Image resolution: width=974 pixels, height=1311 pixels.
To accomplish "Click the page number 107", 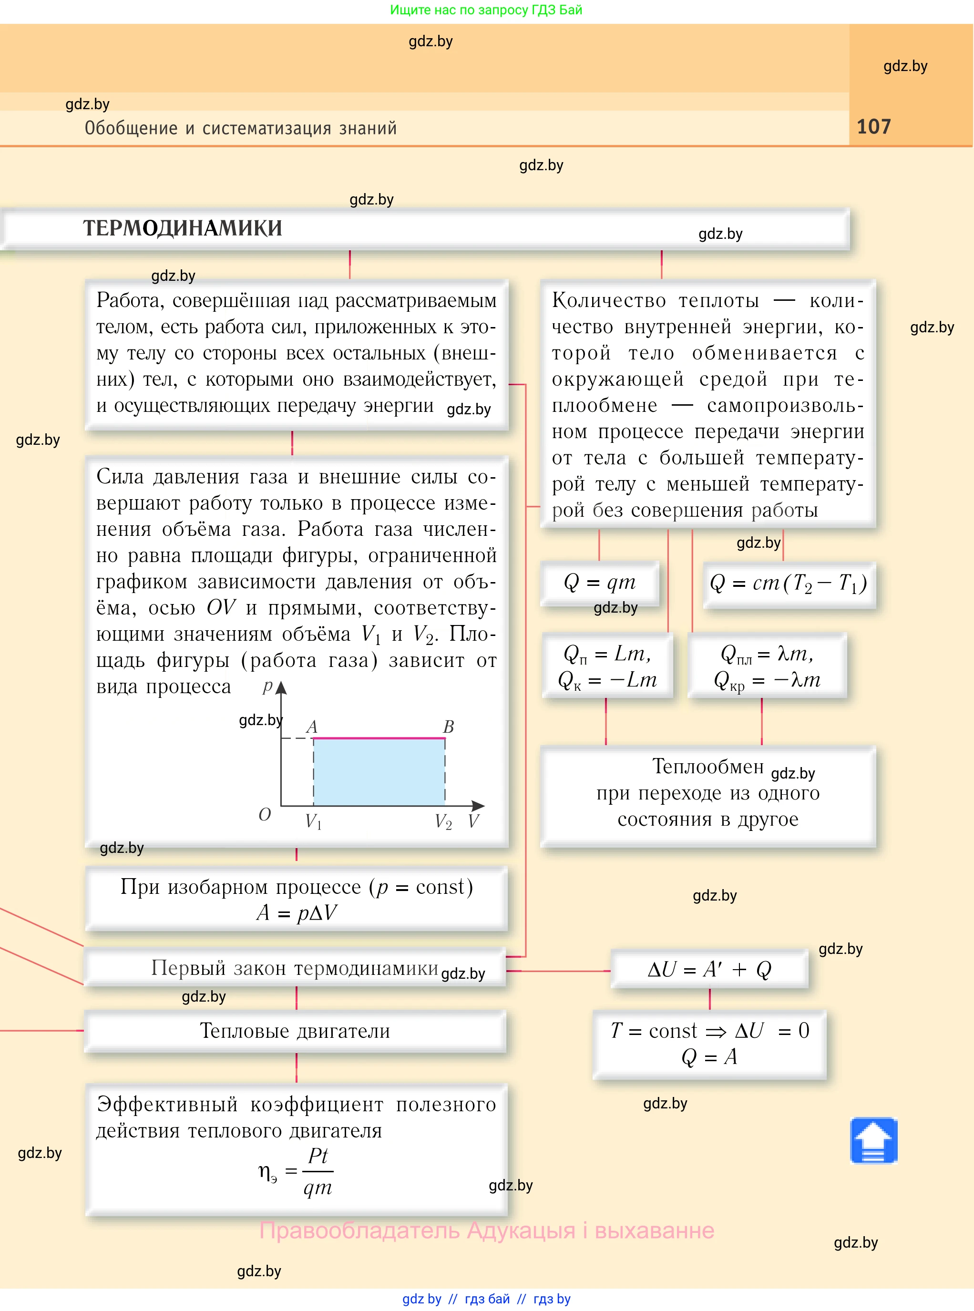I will coord(873,127).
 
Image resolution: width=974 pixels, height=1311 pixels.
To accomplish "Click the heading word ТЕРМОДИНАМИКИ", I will coord(182,228).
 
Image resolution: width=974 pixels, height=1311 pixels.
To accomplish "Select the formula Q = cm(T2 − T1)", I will coord(788,584).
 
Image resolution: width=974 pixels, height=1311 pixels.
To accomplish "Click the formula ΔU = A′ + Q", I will coord(709,969).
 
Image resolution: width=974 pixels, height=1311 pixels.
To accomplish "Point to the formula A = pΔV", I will coord(297,912).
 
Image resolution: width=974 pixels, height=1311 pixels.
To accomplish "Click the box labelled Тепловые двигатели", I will coord(295,1031).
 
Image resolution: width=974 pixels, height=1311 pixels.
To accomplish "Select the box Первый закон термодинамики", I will coord(294,968).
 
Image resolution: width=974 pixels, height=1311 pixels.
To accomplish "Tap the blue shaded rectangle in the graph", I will coord(379,772).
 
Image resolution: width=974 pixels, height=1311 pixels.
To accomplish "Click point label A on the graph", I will coord(311,727).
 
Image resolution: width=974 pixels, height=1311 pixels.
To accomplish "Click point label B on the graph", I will coord(448,727).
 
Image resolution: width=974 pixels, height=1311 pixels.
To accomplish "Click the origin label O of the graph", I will coord(264,815).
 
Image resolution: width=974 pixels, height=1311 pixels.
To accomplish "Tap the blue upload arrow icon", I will coord(873,1141).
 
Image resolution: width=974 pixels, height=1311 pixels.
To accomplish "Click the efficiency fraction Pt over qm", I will coord(318,1171).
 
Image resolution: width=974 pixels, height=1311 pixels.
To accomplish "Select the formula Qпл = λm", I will coord(767,654).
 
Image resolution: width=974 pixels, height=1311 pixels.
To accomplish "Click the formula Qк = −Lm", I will coord(607,680).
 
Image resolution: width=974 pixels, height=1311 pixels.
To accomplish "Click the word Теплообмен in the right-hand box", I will coord(707,766).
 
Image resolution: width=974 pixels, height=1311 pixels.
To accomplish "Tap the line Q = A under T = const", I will coord(709,1057).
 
